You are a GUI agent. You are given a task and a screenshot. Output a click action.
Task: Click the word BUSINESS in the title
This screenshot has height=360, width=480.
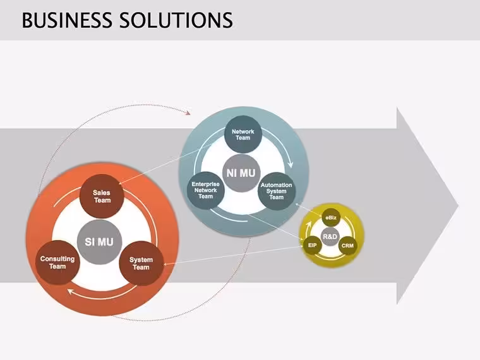tap(67, 20)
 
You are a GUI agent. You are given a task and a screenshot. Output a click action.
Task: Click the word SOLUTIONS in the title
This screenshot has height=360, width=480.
tap(176, 20)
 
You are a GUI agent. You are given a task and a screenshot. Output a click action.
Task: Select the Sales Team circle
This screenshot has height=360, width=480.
tap(102, 196)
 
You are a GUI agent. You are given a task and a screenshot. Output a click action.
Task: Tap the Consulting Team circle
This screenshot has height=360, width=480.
tap(57, 262)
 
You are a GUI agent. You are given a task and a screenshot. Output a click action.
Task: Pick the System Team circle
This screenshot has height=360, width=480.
tap(141, 263)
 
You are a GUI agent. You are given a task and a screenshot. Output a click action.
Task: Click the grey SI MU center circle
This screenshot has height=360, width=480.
tap(99, 242)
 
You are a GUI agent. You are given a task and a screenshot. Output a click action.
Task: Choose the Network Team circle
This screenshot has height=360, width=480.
tap(243, 135)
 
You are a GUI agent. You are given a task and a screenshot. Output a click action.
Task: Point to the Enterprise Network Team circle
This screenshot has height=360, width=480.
tap(206, 190)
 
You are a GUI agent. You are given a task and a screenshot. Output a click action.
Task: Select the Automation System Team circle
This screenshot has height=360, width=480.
tap(277, 191)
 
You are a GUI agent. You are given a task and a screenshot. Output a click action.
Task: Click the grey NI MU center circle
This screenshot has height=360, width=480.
tap(241, 173)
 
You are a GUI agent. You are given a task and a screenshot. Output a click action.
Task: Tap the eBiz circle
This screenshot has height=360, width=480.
tap(331, 218)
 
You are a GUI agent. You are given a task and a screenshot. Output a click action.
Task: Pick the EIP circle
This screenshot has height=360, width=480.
tap(312, 245)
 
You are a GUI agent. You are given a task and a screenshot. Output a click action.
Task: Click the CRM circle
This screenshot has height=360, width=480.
tap(348, 246)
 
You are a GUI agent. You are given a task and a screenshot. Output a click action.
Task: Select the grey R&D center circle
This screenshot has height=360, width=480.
tap(330, 236)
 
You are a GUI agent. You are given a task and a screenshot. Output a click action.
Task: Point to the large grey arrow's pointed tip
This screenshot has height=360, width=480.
tap(459, 205)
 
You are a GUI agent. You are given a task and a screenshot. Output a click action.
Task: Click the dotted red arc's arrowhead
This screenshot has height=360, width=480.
tap(188, 112)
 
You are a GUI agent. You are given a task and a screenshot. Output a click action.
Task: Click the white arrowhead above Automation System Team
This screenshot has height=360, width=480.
tap(290, 164)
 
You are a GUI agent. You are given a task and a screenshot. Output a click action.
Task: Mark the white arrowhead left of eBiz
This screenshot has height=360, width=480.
tap(308, 225)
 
